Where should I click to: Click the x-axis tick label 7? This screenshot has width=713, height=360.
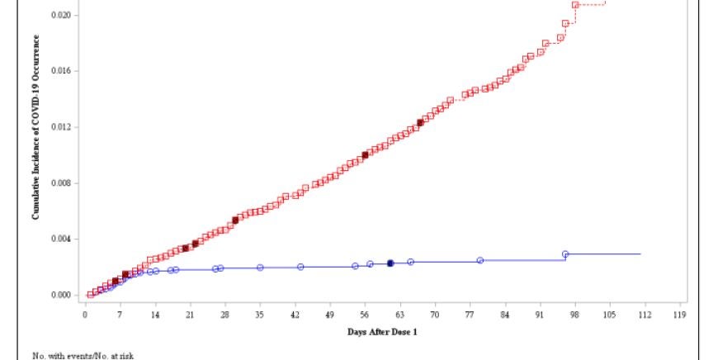click(x=120, y=315)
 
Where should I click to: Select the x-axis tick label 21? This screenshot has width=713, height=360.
click(x=190, y=315)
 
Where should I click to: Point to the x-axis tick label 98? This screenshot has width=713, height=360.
click(x=574, y=315)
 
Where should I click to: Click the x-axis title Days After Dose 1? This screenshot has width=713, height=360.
click(x=382, y=332)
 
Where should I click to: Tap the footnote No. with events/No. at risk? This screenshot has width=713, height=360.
click(x=83, y=355)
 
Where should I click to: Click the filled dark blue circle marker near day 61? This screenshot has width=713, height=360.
click(x=390, y=263)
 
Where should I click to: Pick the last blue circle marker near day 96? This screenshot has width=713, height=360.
click(x=565, y=254)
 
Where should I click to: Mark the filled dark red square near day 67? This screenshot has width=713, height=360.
click(x=420, y=122)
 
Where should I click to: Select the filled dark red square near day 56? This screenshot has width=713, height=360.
click(x=365, y=154)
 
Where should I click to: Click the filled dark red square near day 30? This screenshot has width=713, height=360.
click(x=235, y=220)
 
